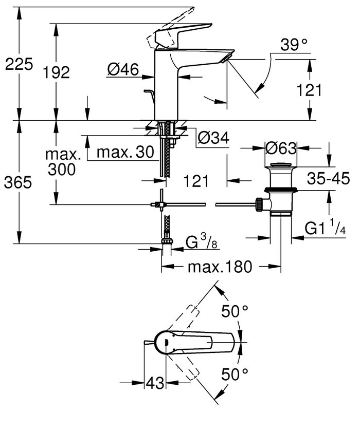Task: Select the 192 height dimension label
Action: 57,72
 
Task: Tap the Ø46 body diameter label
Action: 123,70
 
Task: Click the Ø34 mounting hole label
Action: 212,137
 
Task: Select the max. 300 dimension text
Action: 63,161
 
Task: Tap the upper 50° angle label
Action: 235,310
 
